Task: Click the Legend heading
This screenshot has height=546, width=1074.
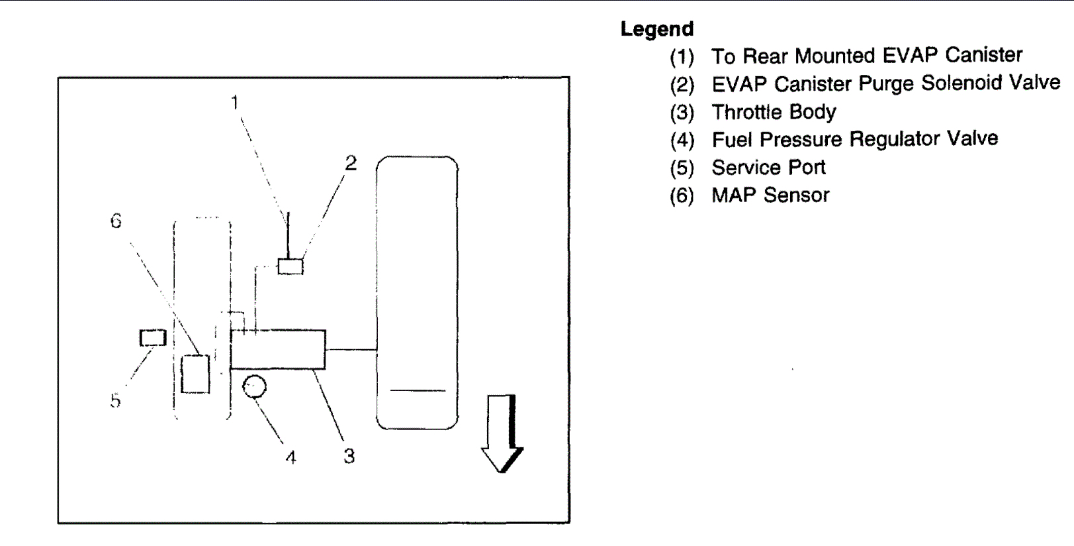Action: pos(656,29)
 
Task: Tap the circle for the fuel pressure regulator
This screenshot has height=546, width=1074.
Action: pos(254,386)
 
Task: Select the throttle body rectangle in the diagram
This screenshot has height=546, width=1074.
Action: pos(278,349)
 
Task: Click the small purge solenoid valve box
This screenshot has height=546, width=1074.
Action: pos(290,266)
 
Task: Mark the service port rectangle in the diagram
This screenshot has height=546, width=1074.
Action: pos(152,338)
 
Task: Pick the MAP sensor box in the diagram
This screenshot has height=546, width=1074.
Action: pos(195,374)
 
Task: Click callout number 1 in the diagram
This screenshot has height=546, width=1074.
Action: pos(234,103)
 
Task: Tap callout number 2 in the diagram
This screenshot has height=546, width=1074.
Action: pos(351,163)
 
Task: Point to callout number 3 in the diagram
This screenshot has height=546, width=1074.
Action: pos(349,456)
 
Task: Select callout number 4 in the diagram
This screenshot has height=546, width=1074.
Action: pos(291,457)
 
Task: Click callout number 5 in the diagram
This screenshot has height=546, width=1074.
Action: pos(115,401)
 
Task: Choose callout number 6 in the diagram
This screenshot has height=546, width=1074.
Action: pos(116,221)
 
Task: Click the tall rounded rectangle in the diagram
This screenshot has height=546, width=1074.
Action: pos(417,292)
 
